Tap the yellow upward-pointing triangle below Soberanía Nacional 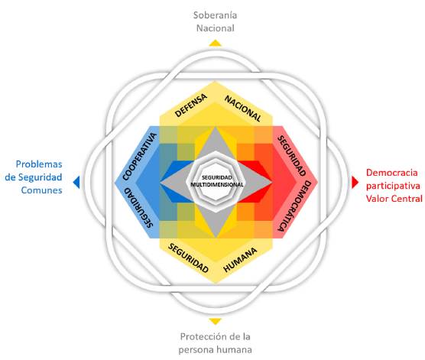point(216,43)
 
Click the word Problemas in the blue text point(38,164)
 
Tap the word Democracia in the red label point(394,172)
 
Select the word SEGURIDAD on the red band point(292,155)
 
